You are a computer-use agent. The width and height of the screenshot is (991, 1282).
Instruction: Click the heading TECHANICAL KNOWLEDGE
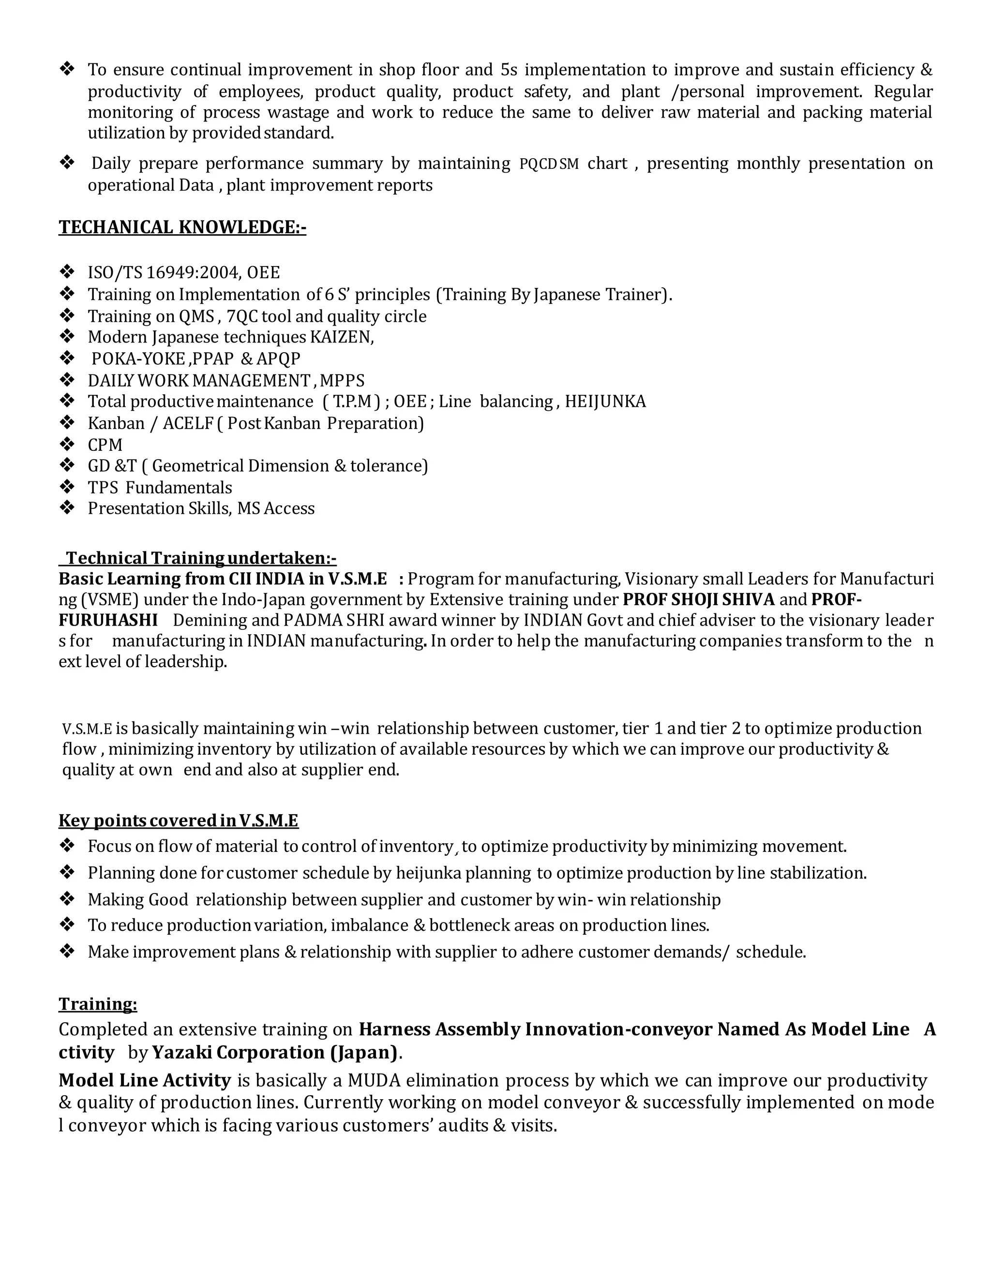(x=182, y=227)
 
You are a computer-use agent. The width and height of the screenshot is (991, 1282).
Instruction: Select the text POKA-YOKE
(x=138, y=358)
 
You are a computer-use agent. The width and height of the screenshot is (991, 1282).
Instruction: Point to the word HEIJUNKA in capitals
(x=605, y=402)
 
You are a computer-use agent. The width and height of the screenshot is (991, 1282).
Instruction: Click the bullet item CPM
(x=105, y=445)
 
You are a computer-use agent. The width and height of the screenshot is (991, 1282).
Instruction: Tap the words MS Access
(x=275, y=508)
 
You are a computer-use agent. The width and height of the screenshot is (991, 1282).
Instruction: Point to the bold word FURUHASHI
(x=108, y=621)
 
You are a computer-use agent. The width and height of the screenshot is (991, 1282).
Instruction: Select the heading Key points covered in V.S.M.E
(x=179, y=820)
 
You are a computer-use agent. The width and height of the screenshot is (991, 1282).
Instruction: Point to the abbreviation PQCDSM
(x=549, y=164)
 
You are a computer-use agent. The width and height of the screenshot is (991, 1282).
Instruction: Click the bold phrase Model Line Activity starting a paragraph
(x=144, y=1081)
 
